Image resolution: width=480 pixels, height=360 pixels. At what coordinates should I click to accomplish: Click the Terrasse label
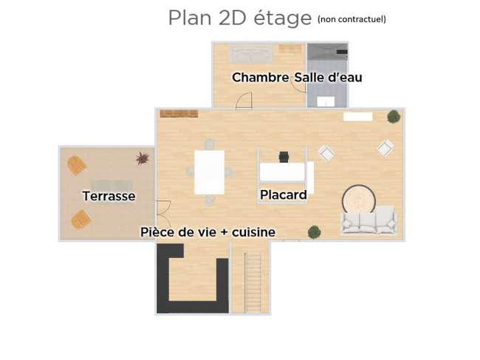[x=109, y=196]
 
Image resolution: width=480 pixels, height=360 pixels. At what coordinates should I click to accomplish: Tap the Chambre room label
[x=260, y=78]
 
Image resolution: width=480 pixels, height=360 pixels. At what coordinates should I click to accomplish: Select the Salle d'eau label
[x=328, y=77]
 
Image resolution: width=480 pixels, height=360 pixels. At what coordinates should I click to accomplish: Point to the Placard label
[x=283, y=195]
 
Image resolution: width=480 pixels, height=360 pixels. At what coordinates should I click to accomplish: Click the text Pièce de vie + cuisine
[x=208, y=232]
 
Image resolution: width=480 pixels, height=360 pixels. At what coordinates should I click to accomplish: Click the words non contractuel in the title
[x=352, y=19]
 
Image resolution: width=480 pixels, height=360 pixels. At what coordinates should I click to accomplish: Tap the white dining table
[x=210, y=172]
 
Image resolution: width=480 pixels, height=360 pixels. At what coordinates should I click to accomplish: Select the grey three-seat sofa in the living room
[x=369, y=220]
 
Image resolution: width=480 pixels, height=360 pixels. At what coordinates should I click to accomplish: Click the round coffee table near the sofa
[x=359, y=200]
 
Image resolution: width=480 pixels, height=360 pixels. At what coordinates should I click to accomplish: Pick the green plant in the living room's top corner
[x=394, y=116]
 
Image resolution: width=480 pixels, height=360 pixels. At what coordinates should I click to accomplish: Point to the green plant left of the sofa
[x=315, y=232]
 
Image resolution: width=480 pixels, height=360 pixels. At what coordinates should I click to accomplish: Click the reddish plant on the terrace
[x=143, y=158]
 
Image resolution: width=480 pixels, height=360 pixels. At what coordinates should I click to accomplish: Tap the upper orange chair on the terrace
[x=77, y=166]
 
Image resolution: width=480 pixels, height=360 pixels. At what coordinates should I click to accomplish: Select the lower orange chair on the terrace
[x=81, y=220]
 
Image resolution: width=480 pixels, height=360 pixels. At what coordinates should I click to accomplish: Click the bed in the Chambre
[x=251, y=54]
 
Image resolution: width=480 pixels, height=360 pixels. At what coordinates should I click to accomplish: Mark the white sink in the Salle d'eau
[x=326, y=102]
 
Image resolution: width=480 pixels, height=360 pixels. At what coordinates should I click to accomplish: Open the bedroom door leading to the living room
[x=244, y=101]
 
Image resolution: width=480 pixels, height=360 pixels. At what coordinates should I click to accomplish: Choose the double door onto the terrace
[x=163, y=213]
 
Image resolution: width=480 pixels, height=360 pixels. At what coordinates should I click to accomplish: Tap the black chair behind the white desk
[x=284, y=157]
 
